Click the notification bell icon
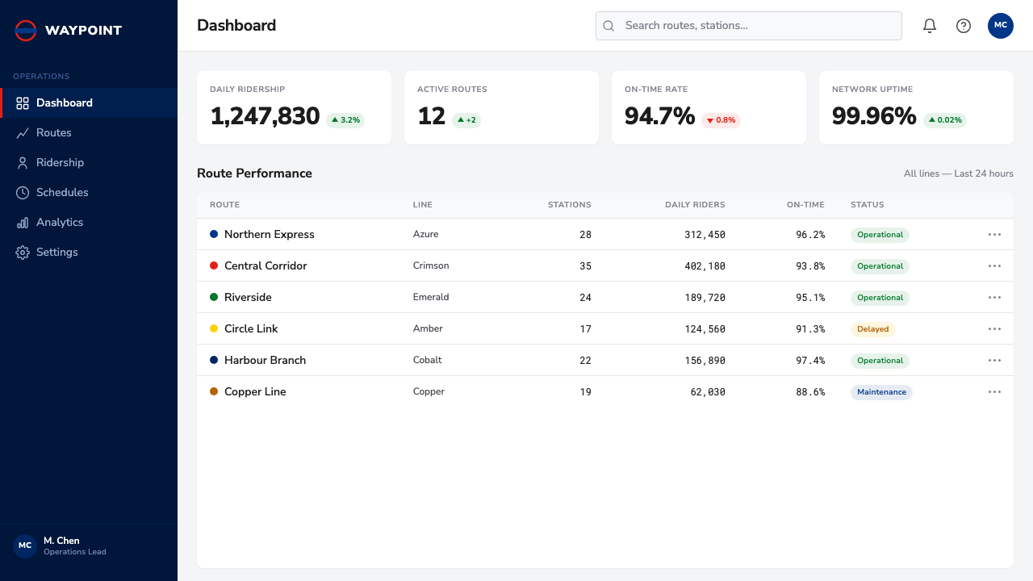click(x=929, y=26)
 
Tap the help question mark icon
click(x=964, y=26)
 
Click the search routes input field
click(x=748, y=26)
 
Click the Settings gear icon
click(x=22, y=253)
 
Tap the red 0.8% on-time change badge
click(x=721, y=120)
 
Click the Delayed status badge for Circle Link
click(x=872, y=328)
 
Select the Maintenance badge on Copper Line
click(x=881, y=392)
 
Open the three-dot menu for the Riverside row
click(x=994, y=298)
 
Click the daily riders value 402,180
click(x=705, y=266)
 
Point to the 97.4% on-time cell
click(x=810, y=360)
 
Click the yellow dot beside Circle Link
click(x=214, y=328)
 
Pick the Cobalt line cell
click(x=427, y=360)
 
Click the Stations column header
click(x=569, y=205)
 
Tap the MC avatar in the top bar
click(x=1000, y=26)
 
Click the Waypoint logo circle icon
click(x=25, y=31)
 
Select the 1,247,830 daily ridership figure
click(x=265, y=115)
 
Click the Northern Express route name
click(x=270, y=234)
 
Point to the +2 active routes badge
click(x=466, y=120)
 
